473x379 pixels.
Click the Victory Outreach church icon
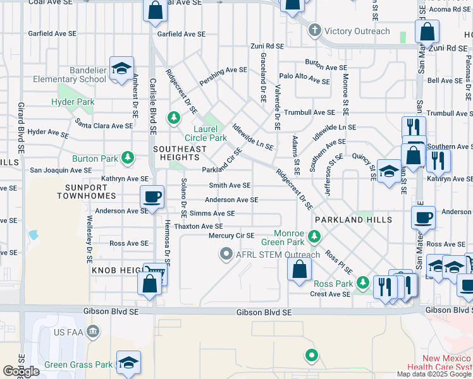click(x=314, y=30)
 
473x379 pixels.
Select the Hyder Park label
click(x=73, y=102)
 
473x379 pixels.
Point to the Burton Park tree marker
click(x=128, y=157)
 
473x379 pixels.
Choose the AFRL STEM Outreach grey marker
click(x=225, y=255)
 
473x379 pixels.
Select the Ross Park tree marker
click(x=362, y=282)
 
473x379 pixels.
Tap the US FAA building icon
click(x=93, y=331)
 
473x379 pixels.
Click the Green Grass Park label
click(x=78, y=364)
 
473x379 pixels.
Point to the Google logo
click(x=21, y=371)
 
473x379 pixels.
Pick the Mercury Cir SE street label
click(x=231, y=236)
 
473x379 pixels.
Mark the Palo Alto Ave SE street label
click(x=305, y=81)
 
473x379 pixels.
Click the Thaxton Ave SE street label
click(x=199, y=226)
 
